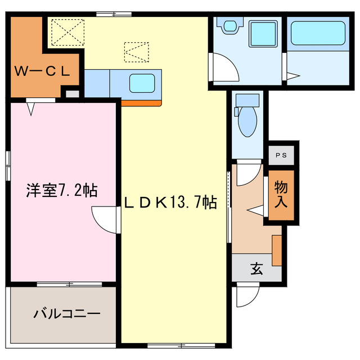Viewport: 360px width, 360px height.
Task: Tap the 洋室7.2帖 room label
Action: pyautogui.click(x=61, y=191)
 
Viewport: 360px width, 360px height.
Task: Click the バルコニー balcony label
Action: pyautogui.click(x=66, y=313)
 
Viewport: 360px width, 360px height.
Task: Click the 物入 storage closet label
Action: pyautogui.click(x=281, y=194)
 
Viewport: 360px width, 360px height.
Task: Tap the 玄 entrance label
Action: pyautogui.click(x=257, y=269)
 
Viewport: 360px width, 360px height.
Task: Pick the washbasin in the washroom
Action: pyautogui.click(x=229, y=25)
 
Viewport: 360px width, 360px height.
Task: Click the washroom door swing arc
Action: pyautogui.click(x=224, y=67)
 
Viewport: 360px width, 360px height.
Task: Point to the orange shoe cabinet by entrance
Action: pyautogui.click(x=276, y=250)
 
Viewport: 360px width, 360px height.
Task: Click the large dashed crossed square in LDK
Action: pyautogui.click(x=66, y=32)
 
